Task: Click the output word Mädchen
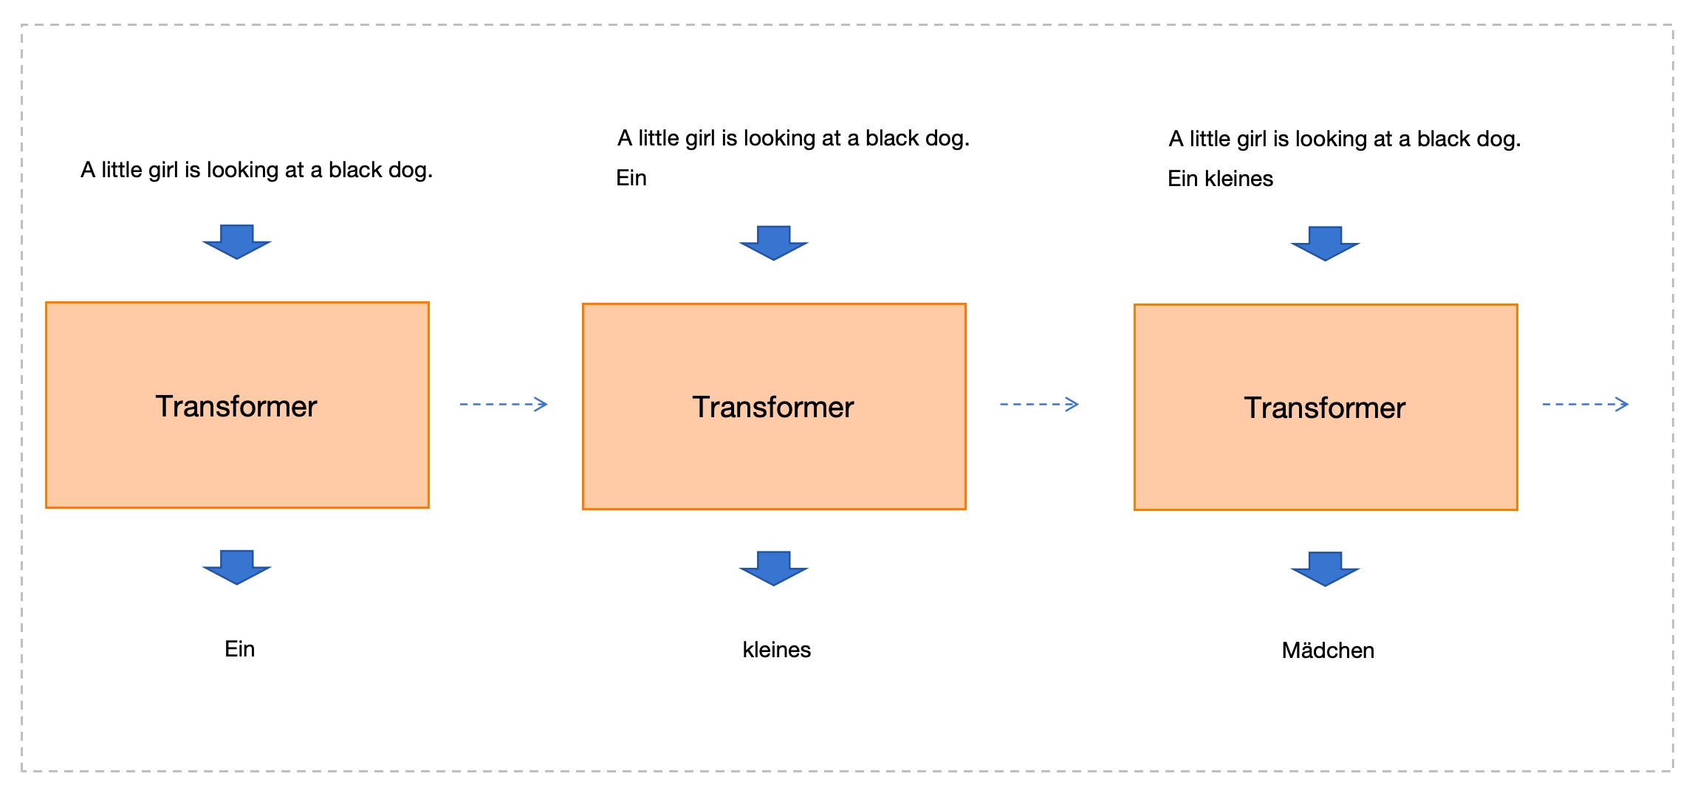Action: pyautogui.click(x=1328, y=650)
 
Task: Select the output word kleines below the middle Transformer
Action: pyautogui.click(x=777, y=649)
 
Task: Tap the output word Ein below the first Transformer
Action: pyautogui.click(x=240, y=648)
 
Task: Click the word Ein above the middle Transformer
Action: pyautogui.click(x=631, y=178)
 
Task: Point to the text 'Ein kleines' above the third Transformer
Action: pyautogui.click(x=1220, y=179)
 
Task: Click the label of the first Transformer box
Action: pyautogui.click(x=236, y=406)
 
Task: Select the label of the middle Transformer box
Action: pyautogui.click(x=773, y=407)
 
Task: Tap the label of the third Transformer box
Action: pyautogui.click(x=1325, y=408)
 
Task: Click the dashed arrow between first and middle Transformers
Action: pyautogui.click(x=504, y=404)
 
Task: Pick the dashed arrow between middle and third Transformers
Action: pyautogui.click(x=1039, y=404)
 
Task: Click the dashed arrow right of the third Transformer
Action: pyautogui.click(x=1586, y=404)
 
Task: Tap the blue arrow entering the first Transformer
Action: pyautogui.click(x=237, y=242)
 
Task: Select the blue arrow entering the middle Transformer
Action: pyautogui.click(x=774, y=243)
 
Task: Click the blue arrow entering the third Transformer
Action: pyautogui.click(x=1326, y=244)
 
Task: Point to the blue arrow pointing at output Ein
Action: pyautogui.click(x=237, y=567)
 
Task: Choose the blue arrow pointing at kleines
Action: pyautogui.click(x=774, y=568)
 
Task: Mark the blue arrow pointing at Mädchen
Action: pyautogui.click(x=1326, y=569)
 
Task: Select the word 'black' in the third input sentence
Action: pyautogui.click(x=1445, y=139)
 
